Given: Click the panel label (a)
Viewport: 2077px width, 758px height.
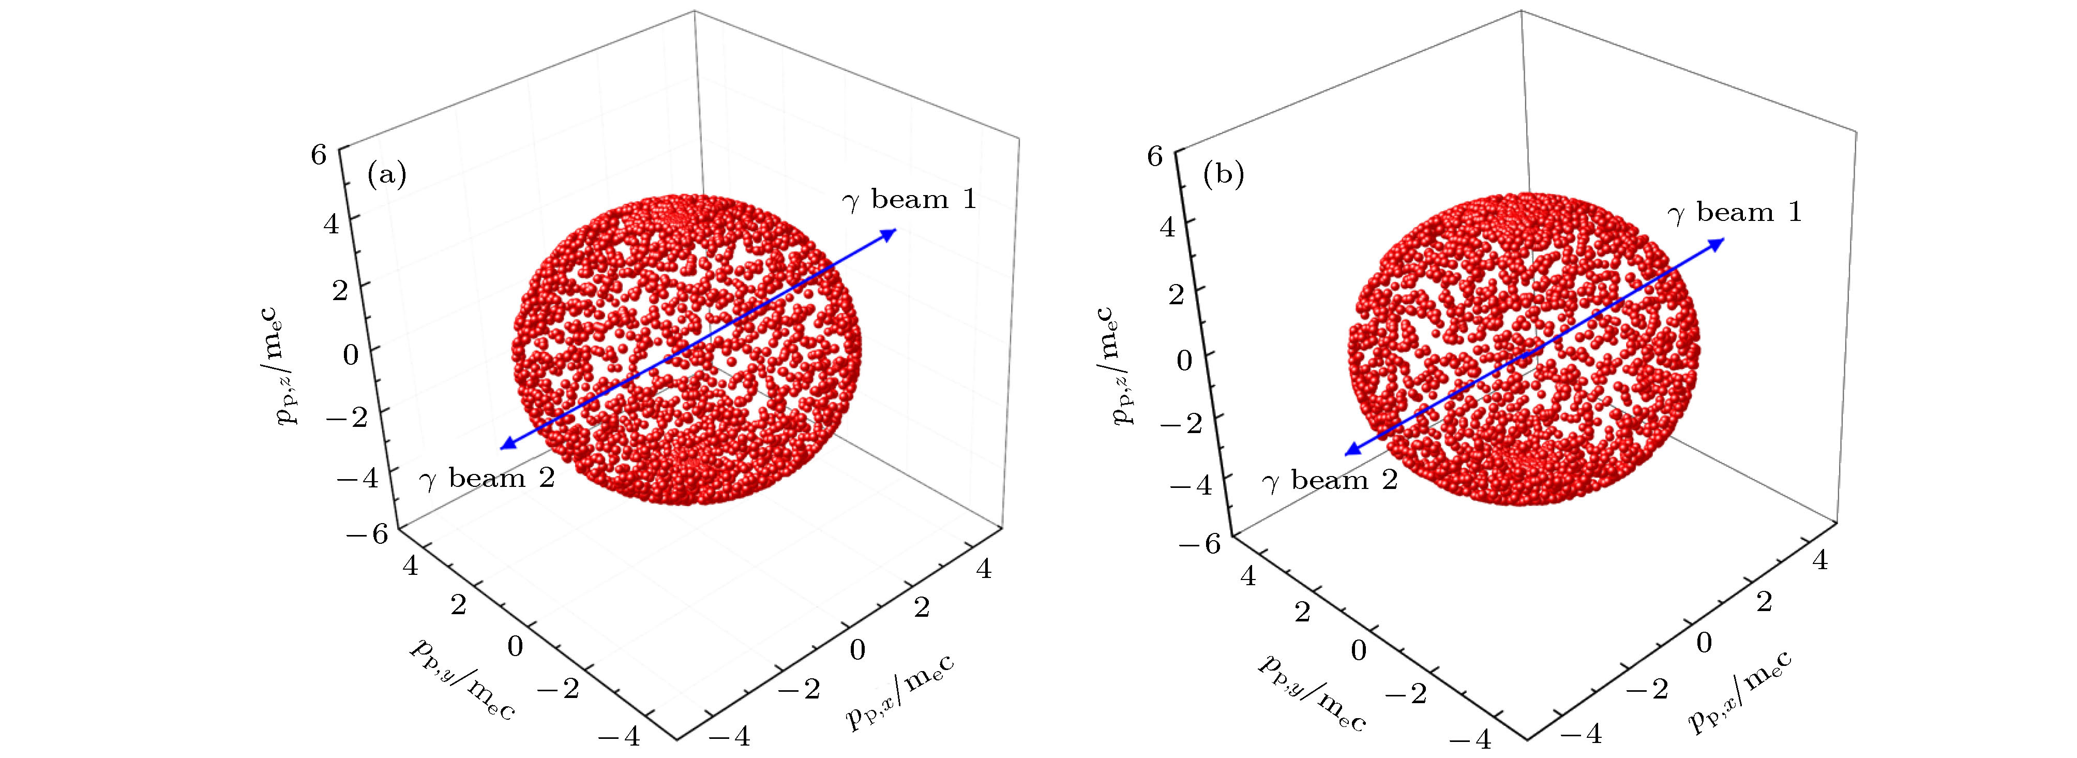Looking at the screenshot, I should coord(386,174).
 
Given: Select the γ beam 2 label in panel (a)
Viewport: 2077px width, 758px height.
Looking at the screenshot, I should coord(486,479).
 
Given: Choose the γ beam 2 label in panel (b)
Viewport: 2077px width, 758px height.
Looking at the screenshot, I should coord(1329,481).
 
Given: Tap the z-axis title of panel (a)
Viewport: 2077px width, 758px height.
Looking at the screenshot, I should coord(286,366).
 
